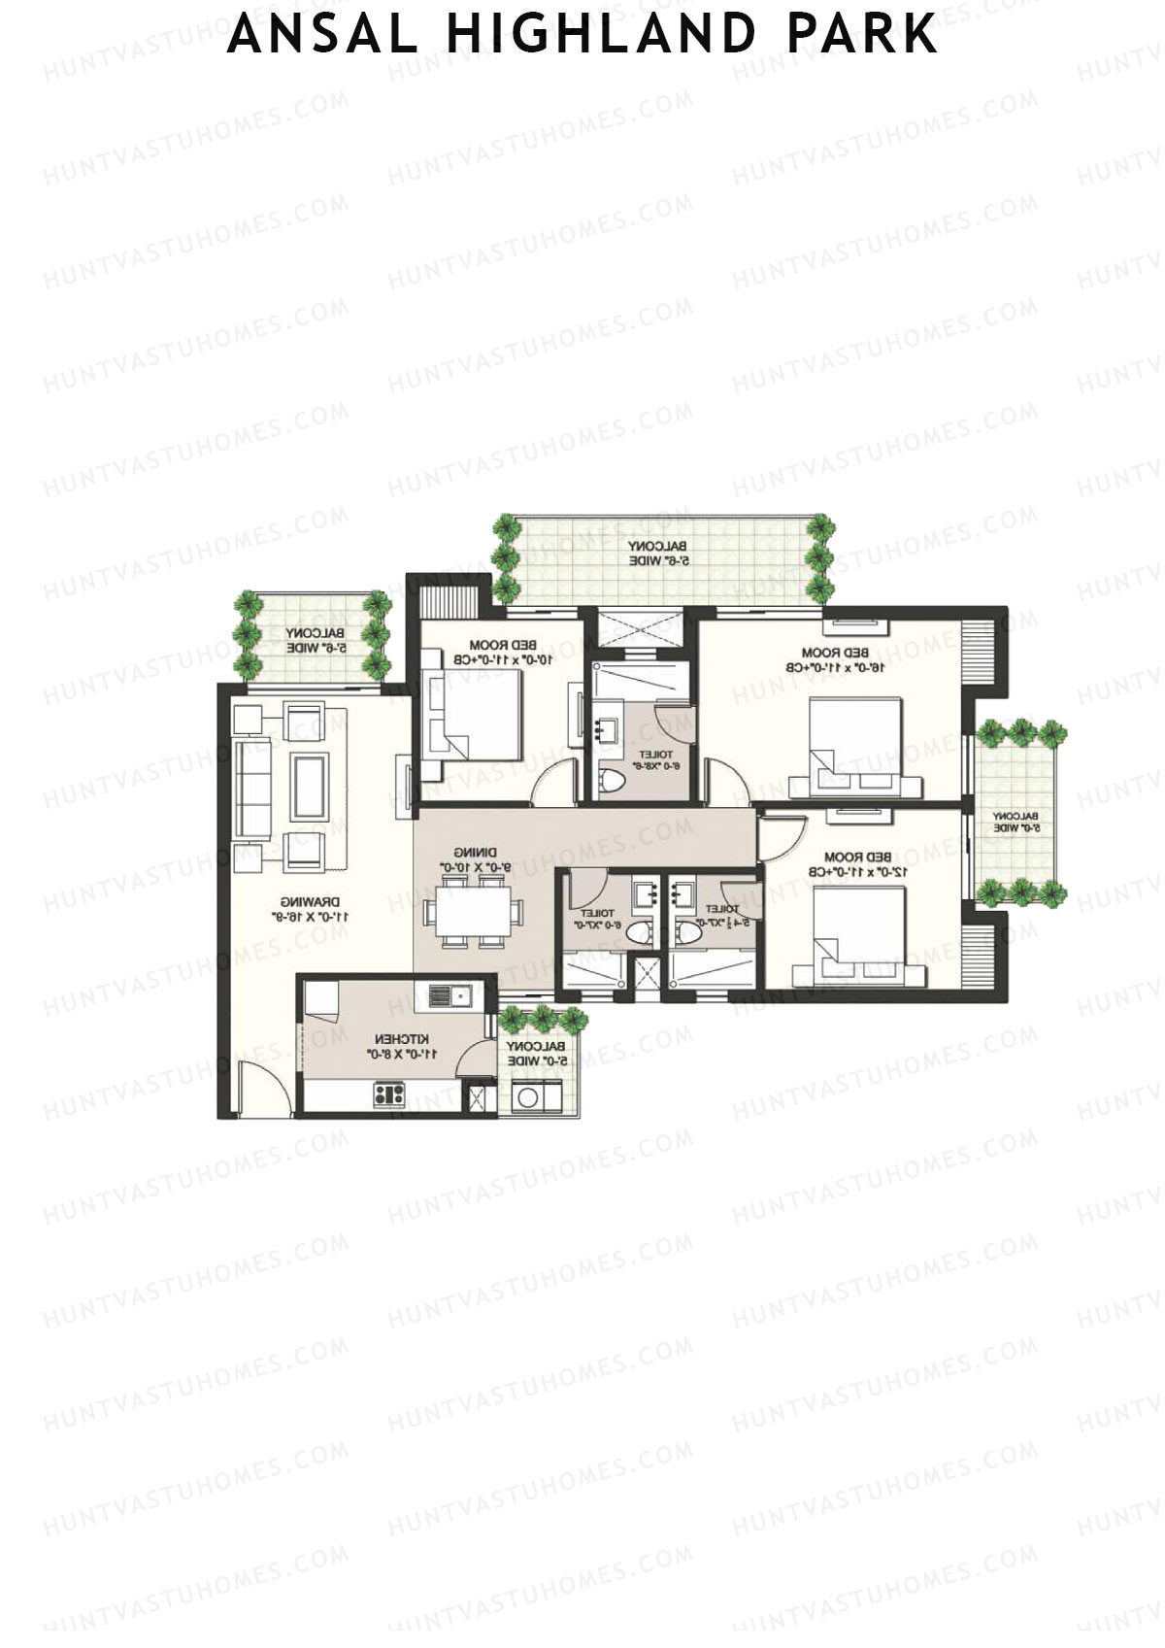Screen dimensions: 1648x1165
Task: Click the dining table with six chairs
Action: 473,910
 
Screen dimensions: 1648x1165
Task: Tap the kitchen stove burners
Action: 389,1095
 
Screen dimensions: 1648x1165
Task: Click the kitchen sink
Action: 449,994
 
